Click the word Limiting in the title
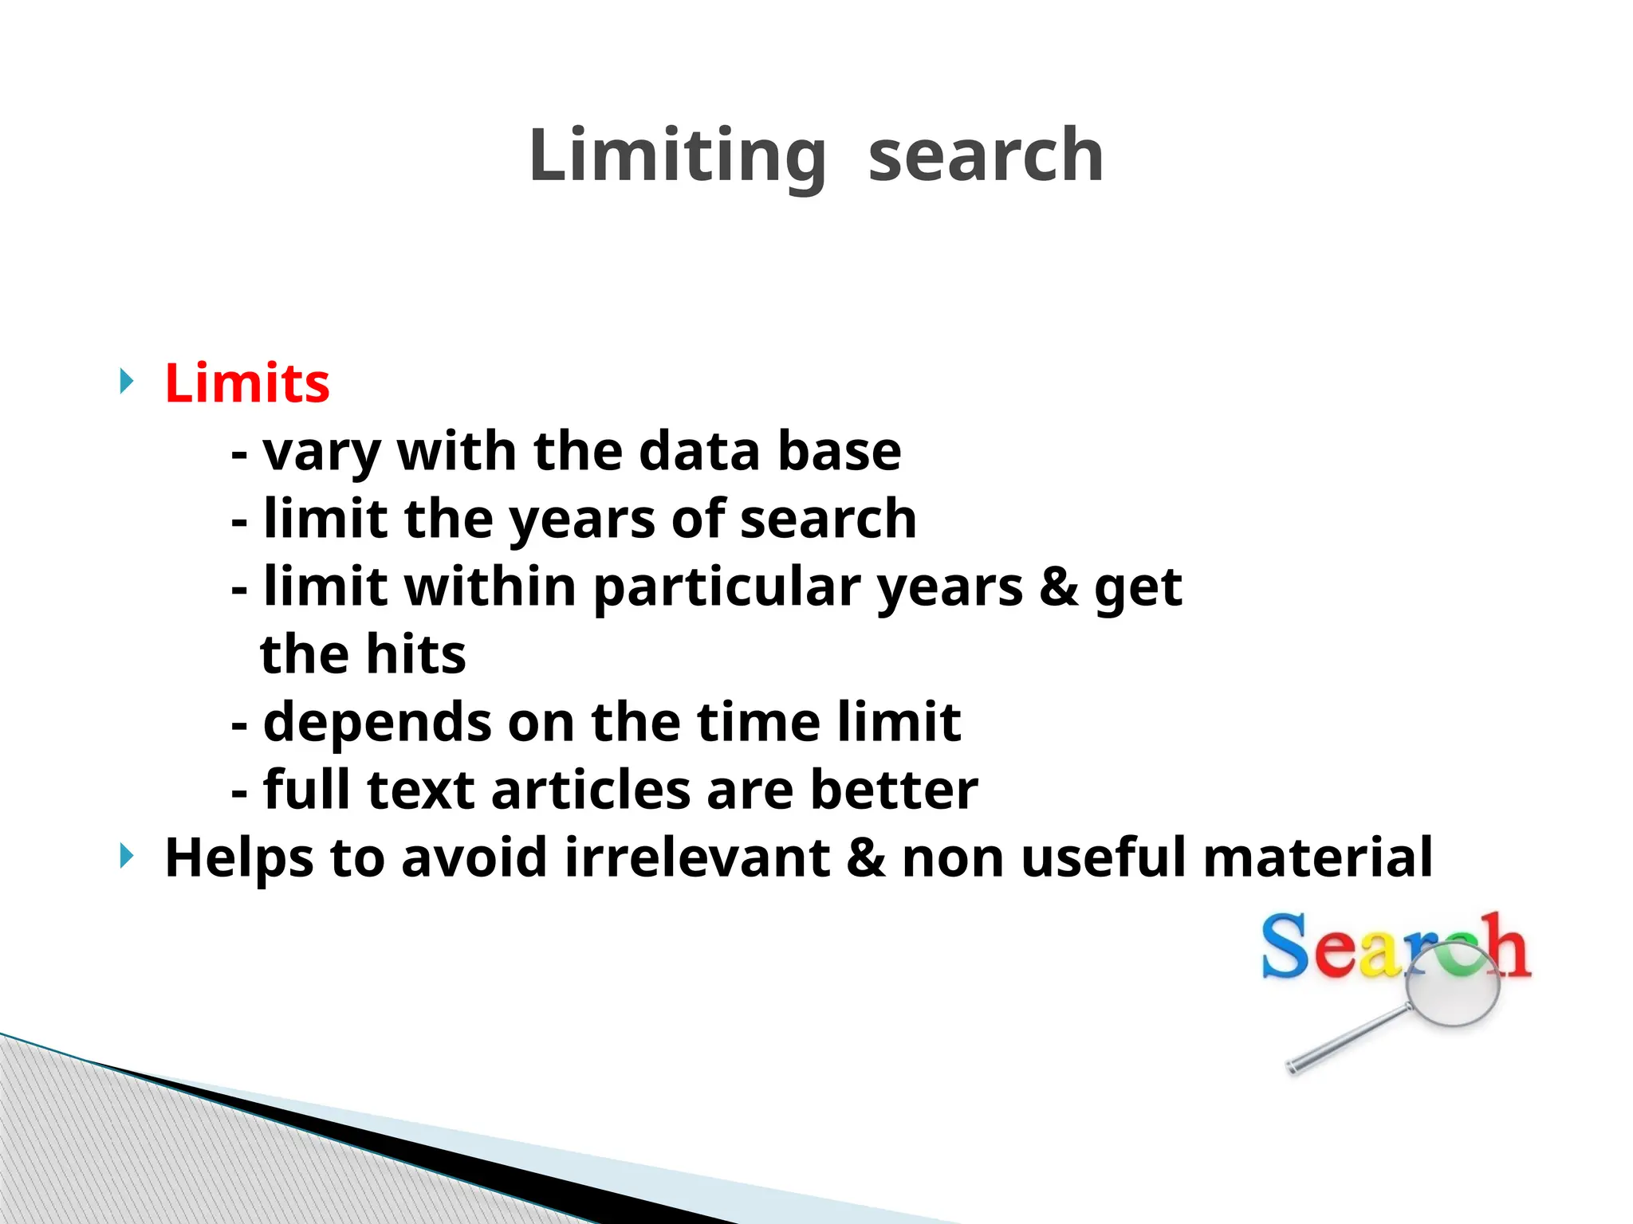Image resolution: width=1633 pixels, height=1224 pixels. (x=677, y=155)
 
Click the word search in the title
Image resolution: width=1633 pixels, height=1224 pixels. (x=985, y=155)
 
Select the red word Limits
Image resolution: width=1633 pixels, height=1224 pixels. (x=247, y=383)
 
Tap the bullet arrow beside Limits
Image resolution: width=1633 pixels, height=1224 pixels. (x=126, y=382)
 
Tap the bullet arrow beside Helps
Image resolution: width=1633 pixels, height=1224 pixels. (x=126, y=857)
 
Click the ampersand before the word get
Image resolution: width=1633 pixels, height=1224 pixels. (x=1058, y=587)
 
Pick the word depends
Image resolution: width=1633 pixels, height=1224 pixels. (x=376, y=724)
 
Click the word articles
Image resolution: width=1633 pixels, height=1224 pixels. (x=590, y=790)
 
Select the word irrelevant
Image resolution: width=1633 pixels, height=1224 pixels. (x=697, y=858)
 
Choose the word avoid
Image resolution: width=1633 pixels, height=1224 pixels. (x=474, y=858)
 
